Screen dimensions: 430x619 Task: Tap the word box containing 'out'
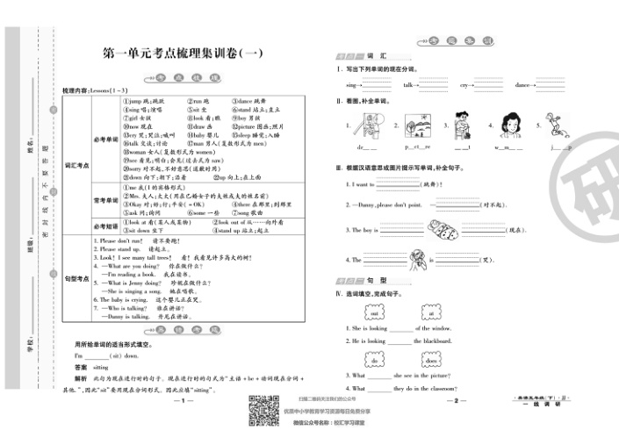[373, 312]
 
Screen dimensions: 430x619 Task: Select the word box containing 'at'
[430, 312]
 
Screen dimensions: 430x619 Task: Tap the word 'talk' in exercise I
[408, 85]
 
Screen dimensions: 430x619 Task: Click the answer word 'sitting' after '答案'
[106, 367]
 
